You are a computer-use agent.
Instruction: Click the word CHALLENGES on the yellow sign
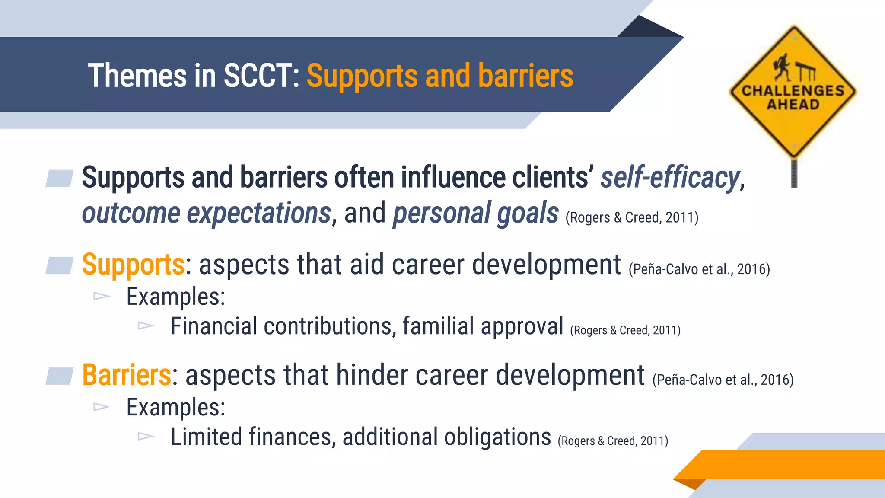click(x=793, y=90)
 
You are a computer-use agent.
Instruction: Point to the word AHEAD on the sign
click(x=793, y=105)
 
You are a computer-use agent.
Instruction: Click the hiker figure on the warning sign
click(x=783, y=67)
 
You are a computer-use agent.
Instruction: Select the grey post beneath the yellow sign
click(x=794, y=173)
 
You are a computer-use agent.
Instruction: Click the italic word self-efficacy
click(x=670, y=178)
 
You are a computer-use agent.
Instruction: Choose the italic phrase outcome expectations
click(x=207, y=213)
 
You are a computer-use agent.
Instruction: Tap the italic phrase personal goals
click(x=475, y=213)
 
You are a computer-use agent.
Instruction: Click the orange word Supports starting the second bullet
click(x=133, y=265)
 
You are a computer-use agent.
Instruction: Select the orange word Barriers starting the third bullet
click(x=127, y=375)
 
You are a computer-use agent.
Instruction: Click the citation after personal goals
click(x=632, y=217)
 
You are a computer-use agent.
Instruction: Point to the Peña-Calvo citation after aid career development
click(x=699, y=269)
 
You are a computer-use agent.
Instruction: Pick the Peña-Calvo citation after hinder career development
click(x=723, y=380)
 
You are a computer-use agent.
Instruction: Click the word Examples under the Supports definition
click(x=175, y=297)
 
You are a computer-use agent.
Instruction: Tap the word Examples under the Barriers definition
click(x=175, y=408)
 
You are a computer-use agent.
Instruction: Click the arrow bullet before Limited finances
click(x=146, y=437)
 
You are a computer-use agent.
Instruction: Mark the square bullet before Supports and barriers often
click(x=60, y=179)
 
